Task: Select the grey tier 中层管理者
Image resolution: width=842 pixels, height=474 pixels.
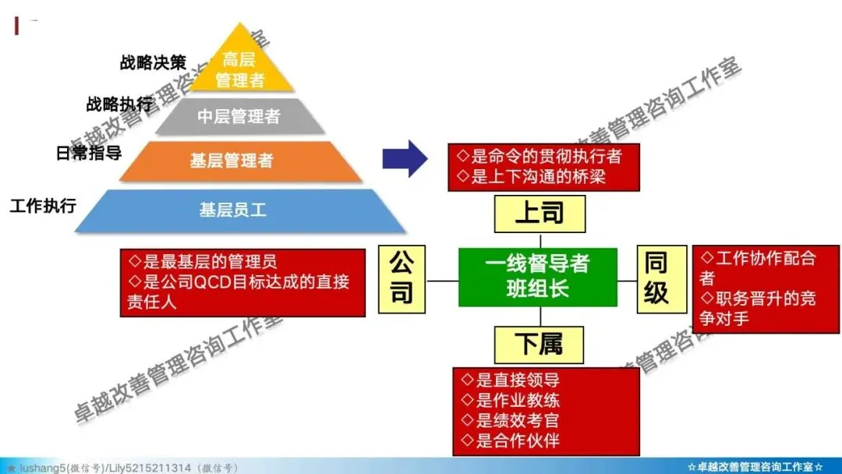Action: (239, 117)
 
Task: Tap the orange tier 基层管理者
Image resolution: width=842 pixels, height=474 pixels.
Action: (232, 161)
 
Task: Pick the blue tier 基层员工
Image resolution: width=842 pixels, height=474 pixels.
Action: (232, 210)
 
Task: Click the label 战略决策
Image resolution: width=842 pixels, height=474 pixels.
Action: (153, 62)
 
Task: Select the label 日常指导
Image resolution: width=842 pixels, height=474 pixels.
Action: (89, 152)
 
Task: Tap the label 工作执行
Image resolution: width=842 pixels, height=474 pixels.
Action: (43, 206)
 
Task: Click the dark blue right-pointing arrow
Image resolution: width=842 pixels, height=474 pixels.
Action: (404, 160)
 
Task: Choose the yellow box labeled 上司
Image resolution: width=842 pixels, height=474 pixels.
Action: (540, 214)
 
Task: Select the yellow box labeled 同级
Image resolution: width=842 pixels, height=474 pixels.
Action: (656, 278)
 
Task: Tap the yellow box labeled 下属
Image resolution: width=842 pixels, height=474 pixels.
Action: (540, 344)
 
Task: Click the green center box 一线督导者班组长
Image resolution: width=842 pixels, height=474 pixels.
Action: (537, 277)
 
